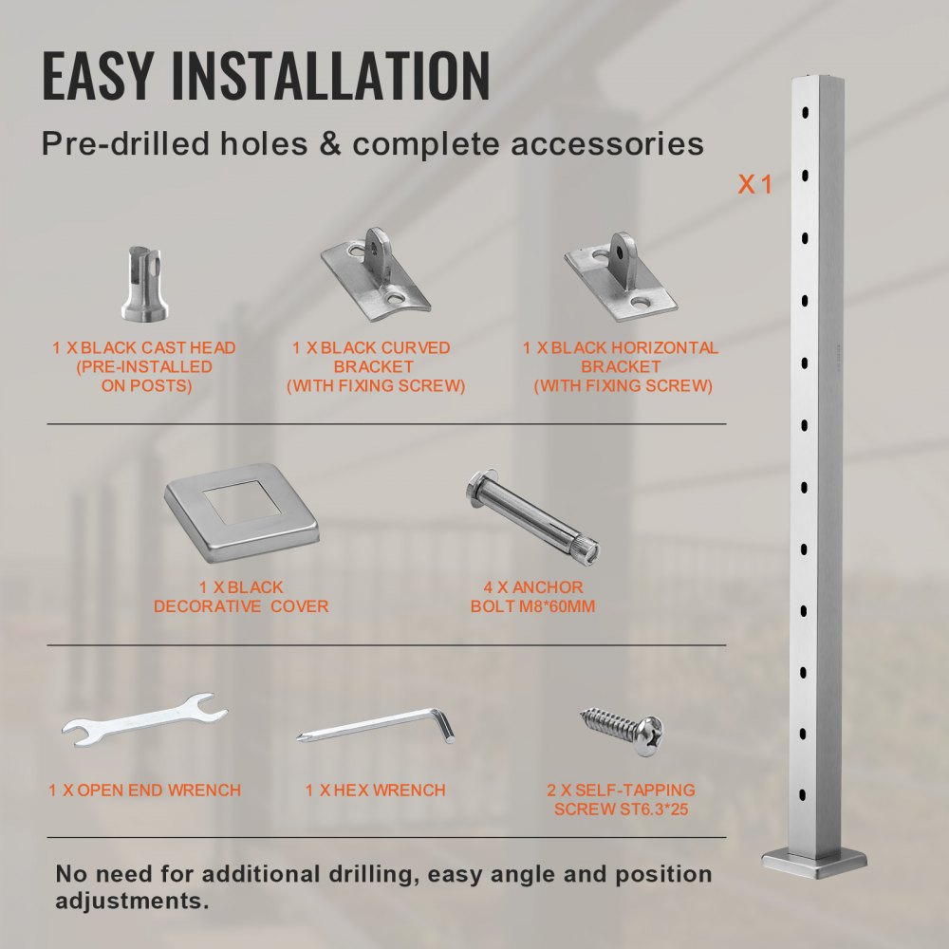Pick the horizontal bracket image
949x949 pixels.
[x=621, y=274]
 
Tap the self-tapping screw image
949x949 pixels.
[x=623, y=730]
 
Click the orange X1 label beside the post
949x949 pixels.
[x=755, y=184]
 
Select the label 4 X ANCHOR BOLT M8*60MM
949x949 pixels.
[x=532, y=596]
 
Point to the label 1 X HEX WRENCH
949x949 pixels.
[x=376, y=790]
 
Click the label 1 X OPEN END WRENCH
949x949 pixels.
[x=144, y=790]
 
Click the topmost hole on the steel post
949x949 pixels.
[x=806, y=113]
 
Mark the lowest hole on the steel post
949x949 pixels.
[x=805, y=793]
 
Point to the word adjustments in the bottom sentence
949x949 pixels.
[x=131, y=900]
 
